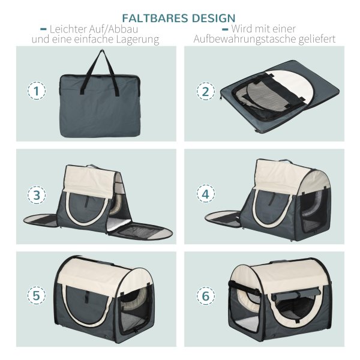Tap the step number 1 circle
(x=37, y=91)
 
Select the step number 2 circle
(x=206, y=91)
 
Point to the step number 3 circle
(x=37, y=194)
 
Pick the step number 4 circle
(x=206, y=193)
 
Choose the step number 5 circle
(x=37, y=295)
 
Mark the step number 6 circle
(x=206, y=295)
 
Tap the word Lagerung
(x=137, y=40)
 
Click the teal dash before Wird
(x=225, y=29)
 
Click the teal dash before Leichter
(x=44, y=29)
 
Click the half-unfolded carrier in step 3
(x=98, y=202)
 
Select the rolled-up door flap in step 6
(x=296, y=296)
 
